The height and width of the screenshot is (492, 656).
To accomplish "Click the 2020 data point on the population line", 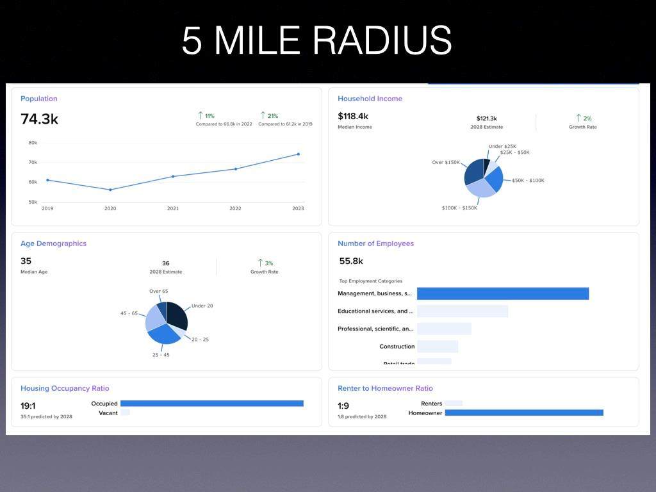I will (110, 190).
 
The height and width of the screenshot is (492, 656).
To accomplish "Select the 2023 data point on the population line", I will (298, 154).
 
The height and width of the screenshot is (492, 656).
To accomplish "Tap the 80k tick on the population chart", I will (33, 143).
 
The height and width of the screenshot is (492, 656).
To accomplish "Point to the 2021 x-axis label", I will (173, 208).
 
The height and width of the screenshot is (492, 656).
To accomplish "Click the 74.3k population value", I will (39, 119).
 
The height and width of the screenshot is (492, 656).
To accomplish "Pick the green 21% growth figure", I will (272, 116).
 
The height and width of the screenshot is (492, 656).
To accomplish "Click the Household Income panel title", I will (370, 99).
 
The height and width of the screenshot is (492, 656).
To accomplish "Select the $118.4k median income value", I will (353, 116).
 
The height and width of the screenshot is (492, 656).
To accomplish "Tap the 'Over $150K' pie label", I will (446, 162).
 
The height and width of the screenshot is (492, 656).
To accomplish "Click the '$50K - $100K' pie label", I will (528, 181).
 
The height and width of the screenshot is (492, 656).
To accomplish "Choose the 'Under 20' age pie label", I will (202, 306).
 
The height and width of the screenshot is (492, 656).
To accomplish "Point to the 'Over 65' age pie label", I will (159, 291).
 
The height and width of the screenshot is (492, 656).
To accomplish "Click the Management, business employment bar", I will (502, 293).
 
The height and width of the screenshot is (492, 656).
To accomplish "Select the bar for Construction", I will (438, 347).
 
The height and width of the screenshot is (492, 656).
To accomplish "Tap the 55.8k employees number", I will (351, 261).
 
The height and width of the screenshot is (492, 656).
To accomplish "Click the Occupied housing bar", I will (211, 404).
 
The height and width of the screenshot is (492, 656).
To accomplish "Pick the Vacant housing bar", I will (125, 413).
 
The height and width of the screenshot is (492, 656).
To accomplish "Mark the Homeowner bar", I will (524, 413).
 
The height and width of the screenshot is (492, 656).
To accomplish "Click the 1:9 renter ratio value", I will (343, 406).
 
